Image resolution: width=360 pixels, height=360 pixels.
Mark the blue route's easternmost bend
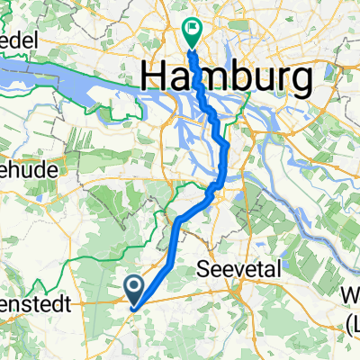click(x=228, y=144)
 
